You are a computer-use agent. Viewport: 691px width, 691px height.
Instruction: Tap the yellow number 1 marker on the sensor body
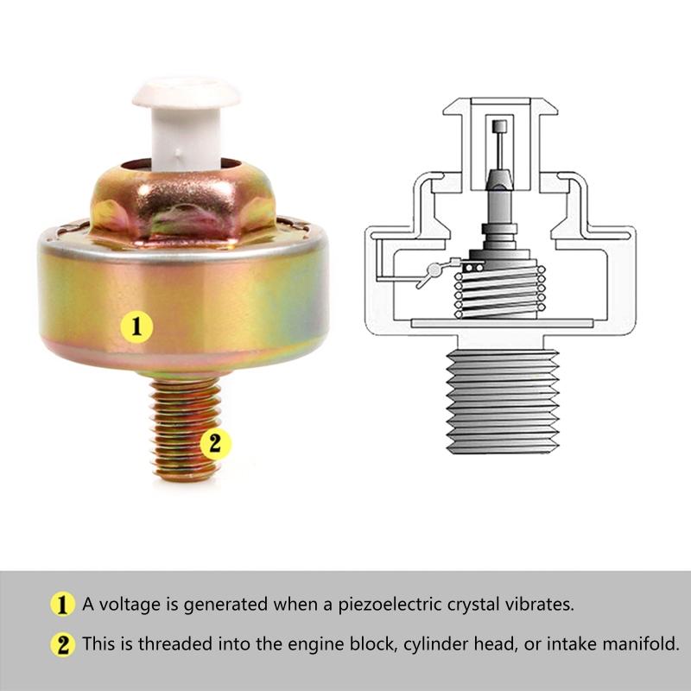[x=136, y=326]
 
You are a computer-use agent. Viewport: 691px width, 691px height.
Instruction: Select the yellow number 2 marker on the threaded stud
[x=215, y=443]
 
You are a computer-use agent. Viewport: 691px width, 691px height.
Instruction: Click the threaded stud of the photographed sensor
[x=184, y=428]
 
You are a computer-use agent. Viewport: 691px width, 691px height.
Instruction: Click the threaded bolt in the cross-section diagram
[x=503, y=401]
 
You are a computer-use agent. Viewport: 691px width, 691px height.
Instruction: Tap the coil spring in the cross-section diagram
[x=500, y=291]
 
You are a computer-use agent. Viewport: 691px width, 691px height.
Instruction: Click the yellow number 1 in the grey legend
[x=62, y=604]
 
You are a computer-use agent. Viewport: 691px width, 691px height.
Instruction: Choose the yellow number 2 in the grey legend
[x=62, y=644]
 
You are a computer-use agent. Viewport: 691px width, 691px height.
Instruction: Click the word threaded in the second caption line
[x=175, y=643]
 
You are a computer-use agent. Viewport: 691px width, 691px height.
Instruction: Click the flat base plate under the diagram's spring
[x=502, y=323]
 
